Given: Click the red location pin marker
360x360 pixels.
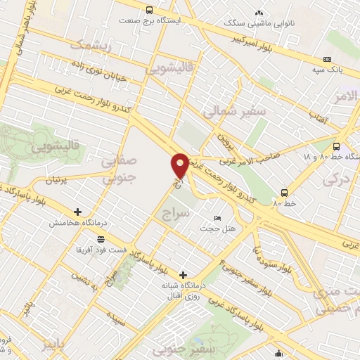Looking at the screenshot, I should pyautogui.click(x=180, y=165).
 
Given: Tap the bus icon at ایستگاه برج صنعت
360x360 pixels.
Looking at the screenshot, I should pyautogui.click(x=149, y=10).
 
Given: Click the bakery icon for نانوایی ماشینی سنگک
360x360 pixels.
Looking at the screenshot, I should pyautogui.click(x=259, y=12).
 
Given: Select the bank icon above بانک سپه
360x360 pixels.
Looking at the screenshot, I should pyautogui.click(x=327, y=60).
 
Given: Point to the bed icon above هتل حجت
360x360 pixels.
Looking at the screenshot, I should pyautogui.click(x=217, y=219).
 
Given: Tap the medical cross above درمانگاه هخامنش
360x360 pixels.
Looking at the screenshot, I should pyautogui.click(x=77, y=212).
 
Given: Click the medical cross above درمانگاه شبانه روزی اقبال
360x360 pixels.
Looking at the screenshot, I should pyautogui.click(x=184, y=275).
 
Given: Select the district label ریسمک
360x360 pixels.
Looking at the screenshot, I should pyautogui.click(x=91, y=44).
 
